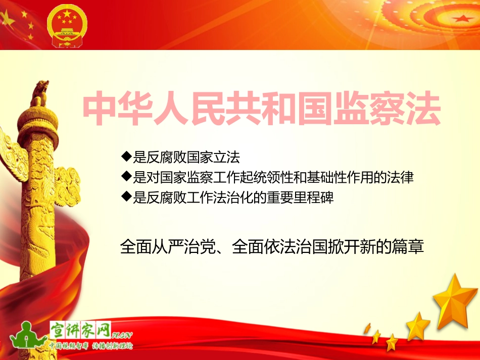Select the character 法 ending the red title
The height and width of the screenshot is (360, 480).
point(423,108)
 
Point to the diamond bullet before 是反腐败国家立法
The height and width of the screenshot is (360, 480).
point(126,156)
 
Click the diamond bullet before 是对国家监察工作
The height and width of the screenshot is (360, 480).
point(126,176)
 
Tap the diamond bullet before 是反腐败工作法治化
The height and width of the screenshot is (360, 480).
point(126,196)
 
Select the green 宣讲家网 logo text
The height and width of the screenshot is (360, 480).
point(81,329)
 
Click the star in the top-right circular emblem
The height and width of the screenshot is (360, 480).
point(460,19)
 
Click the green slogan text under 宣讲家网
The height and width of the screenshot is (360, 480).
point(91,346)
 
